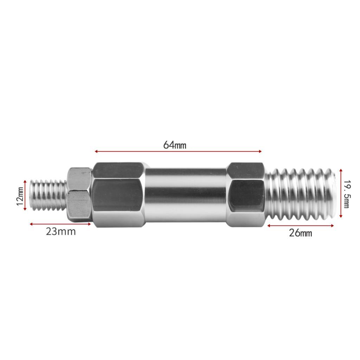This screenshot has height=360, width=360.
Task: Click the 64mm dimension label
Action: (175, 145)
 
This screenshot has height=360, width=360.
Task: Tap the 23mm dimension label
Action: (61, 231)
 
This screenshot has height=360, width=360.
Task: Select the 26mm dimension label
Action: (301, 233)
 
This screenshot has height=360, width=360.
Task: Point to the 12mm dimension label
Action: (20, 196)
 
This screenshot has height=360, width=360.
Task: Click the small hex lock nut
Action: (79, 195)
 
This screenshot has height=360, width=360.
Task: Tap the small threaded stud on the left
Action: (48, 195)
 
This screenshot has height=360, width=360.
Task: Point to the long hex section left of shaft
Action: (119, 195)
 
